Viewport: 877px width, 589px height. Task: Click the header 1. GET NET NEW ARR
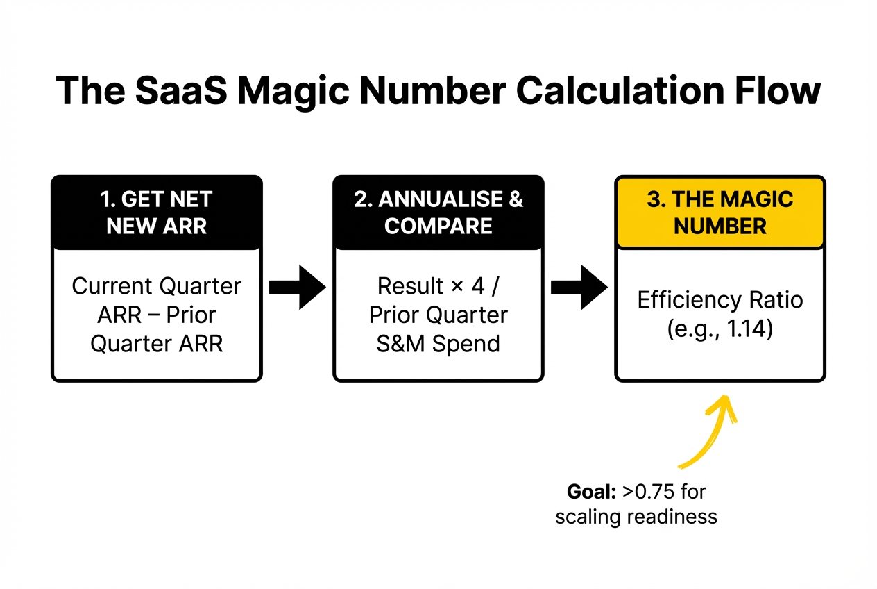(x=157, y=213)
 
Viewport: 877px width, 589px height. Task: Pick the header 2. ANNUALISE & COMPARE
(x=438, y=213)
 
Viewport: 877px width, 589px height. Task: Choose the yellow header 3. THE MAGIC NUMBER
(x=720, y=213)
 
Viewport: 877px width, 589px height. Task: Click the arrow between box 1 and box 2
(x=297, y=286)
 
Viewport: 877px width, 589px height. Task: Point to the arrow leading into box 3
(x=579, y=286)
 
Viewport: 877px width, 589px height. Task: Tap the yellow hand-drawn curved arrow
(x=711, y=431)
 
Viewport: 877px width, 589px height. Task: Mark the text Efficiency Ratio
(x=720, y=300)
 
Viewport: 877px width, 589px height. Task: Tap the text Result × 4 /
(x=438, y=285)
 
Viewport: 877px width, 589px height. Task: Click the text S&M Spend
(x=438, y=344)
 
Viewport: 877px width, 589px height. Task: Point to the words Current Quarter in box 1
(x=157, y=285)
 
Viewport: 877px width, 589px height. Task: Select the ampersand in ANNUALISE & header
(x=515, y=200)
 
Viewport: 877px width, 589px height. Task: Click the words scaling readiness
(x=636, y=517)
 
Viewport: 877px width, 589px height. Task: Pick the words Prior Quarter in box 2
(x=438, y=315)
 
